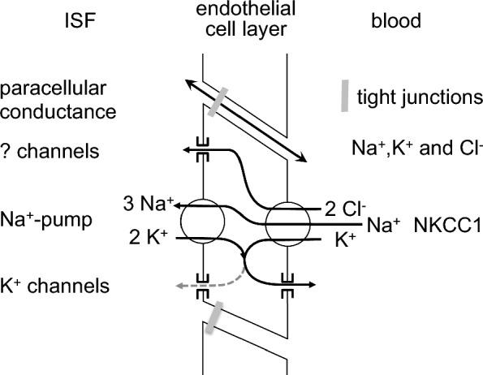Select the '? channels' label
57,151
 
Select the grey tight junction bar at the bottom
213,315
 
